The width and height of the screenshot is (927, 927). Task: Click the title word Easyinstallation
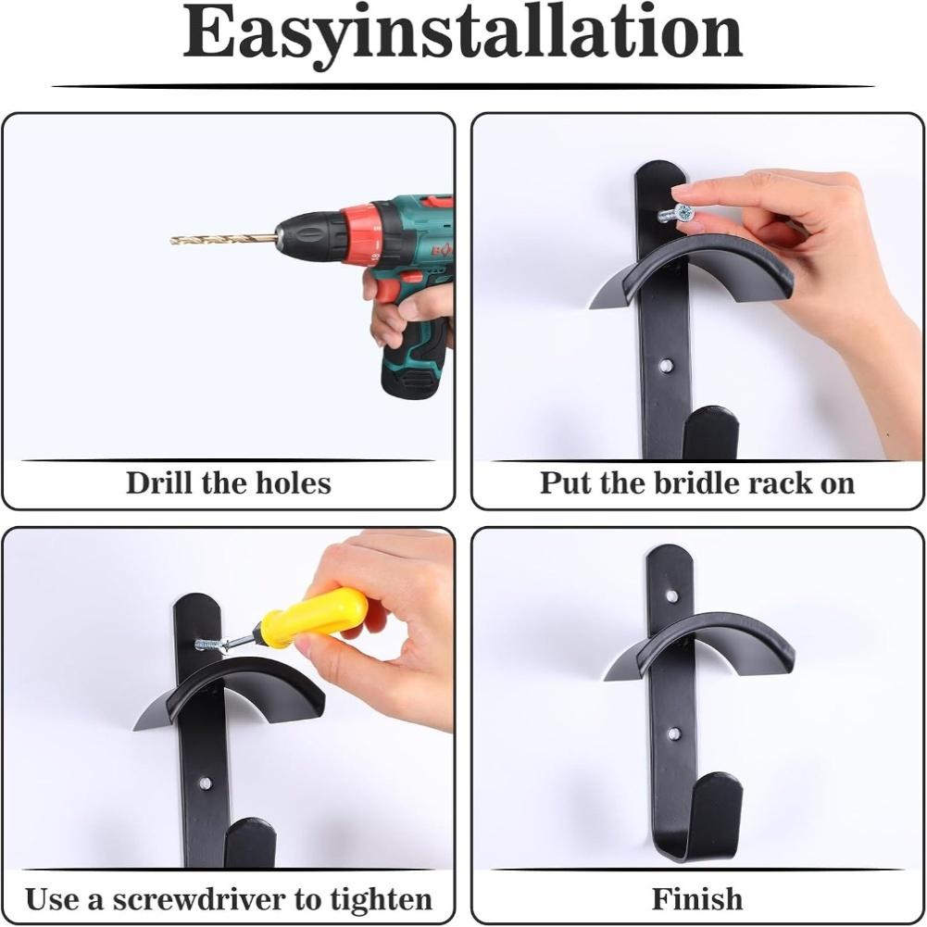pos(462,34)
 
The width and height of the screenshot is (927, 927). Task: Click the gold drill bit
pos(222,239)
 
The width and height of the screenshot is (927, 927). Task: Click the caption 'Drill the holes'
pos(228,483)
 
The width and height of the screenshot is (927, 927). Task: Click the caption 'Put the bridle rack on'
pos(697,483)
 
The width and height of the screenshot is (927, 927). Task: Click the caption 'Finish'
pos(697,899)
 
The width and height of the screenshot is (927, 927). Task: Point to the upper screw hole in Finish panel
pos(671,595)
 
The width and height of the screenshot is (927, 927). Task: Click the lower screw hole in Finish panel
pos(674,733)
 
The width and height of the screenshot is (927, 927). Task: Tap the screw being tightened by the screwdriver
pos(210,644)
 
